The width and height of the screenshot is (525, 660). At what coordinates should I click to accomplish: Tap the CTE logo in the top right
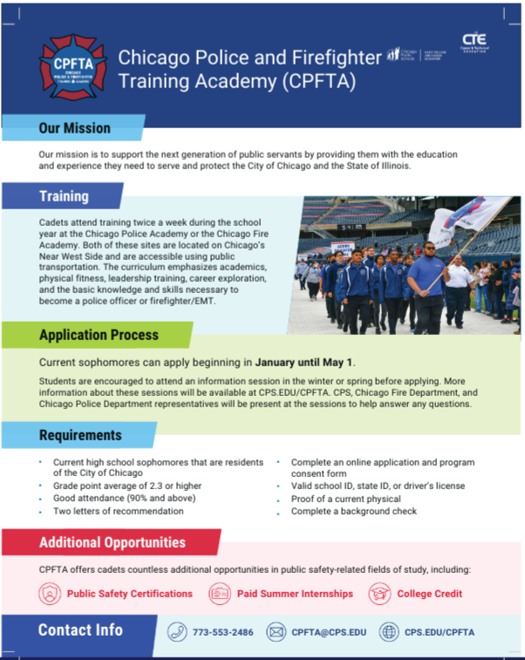coord(474,43)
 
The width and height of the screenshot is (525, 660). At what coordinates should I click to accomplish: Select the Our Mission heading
coord(74,128)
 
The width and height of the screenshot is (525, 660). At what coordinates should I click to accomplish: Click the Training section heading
coord(64,196)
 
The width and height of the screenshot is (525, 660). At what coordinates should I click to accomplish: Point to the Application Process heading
coord(99,335)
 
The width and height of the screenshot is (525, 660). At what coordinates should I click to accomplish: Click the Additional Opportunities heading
coord(112,542)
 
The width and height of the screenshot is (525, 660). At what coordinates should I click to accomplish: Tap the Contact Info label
coord(80,629)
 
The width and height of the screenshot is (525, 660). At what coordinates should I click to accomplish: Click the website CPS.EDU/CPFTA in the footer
coord(440,632)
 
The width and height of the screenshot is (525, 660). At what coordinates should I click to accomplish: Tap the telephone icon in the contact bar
coord(177,632)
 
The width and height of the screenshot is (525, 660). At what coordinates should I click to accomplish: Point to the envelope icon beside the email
coord(276,632)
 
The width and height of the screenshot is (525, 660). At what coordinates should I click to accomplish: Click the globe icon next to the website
coord(389,632)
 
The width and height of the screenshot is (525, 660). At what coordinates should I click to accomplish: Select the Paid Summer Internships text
coord(295,594)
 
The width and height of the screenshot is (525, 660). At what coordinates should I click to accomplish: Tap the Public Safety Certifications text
coord(129,594)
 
